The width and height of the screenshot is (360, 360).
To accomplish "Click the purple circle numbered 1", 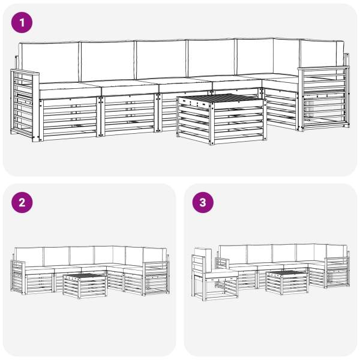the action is click(x=22, y=23).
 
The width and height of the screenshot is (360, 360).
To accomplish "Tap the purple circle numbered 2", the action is click(x=22, y=203).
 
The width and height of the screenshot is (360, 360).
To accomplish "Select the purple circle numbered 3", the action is click(x=203, y=203).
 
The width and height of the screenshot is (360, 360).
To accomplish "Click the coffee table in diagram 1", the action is click(x=221, y=119).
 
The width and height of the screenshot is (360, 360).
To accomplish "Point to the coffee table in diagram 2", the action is click(x=85, y=286).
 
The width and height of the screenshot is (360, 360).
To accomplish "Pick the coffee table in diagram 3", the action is click(x=287, y=283).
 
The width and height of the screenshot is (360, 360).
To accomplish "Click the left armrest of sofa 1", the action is click(x=25, y=105).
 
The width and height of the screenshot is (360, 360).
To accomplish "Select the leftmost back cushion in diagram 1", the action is click(x=49, y=62).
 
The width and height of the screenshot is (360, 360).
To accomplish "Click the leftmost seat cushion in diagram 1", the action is click(x=69, y=90).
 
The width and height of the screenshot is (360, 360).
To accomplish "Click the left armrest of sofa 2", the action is click(x=18, y=277).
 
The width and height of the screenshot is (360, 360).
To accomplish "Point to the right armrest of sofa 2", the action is click(x=156, y=278).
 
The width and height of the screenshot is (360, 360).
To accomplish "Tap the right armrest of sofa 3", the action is click(x=337, y=272).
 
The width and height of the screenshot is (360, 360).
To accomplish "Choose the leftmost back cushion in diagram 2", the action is click(x=29, y=257).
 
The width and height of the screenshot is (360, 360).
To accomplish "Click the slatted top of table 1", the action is click(x=221, y=98).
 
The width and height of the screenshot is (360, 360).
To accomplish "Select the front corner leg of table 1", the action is click(x=212, y=124).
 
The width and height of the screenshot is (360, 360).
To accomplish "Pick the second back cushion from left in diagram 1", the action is click(x=107, y=61).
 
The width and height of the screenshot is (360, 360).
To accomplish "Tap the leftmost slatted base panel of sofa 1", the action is click(x=69, y=118).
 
